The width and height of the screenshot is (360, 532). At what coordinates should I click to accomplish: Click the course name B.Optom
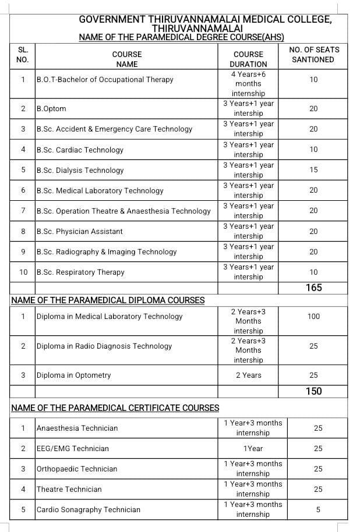pyautogui.click(x=51, y=109)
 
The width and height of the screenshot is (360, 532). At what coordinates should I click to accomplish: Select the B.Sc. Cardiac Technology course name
pyautogui.click(x=80, y=150)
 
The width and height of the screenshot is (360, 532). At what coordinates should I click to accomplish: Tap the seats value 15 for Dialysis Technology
pyautogui.click(x=313, y=170)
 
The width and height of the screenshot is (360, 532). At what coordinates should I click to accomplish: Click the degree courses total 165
pyautogui.click(x=313, y=288)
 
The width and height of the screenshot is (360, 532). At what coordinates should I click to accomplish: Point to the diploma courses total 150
pyautogui.click(x=313, y=391)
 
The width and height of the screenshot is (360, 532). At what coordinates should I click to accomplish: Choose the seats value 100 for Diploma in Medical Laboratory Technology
pyautogui.click(x=313, y=316)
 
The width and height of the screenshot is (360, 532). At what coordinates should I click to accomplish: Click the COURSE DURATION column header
pyautogui.click(x=248, y=59)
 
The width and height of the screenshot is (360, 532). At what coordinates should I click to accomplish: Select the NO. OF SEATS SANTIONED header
pyautogui.click(x=313, y=55)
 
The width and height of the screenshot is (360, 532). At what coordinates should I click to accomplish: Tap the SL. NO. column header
pyautogui.click(x=23, y=55)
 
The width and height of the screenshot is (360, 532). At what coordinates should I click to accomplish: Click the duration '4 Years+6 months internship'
pyautogui.click(x=248, y=84)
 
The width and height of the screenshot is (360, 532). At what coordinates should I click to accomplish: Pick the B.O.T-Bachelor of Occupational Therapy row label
pyautogui.click(x=105, y=80)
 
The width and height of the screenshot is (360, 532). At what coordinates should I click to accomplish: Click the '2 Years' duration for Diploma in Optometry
pyautogui.click(x=248, y=375)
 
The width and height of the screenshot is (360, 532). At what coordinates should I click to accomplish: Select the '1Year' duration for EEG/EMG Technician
pyautogui.click(x=253, y=449)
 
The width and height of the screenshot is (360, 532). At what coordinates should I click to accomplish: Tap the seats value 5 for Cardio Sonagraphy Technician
pyautogui.click(x=317, y=509)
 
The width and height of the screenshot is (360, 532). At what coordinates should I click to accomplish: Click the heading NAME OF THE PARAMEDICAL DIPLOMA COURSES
pyautogui.click(x=108, y=300)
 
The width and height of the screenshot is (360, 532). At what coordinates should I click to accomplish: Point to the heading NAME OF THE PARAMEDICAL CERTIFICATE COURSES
pyautogui.click(x=115, y=408)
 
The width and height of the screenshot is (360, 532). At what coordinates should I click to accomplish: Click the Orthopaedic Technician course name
pyautogui.click(x=77, y=469)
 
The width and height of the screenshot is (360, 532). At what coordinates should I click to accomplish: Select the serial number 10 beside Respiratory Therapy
pyautogui.click(x=23, y=272)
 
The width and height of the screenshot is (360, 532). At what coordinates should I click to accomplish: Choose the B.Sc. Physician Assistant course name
pyautogui.click(x=79, y=231)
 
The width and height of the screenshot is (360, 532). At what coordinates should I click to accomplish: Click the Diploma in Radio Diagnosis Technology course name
pyautogui.click(x=104, y=346)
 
